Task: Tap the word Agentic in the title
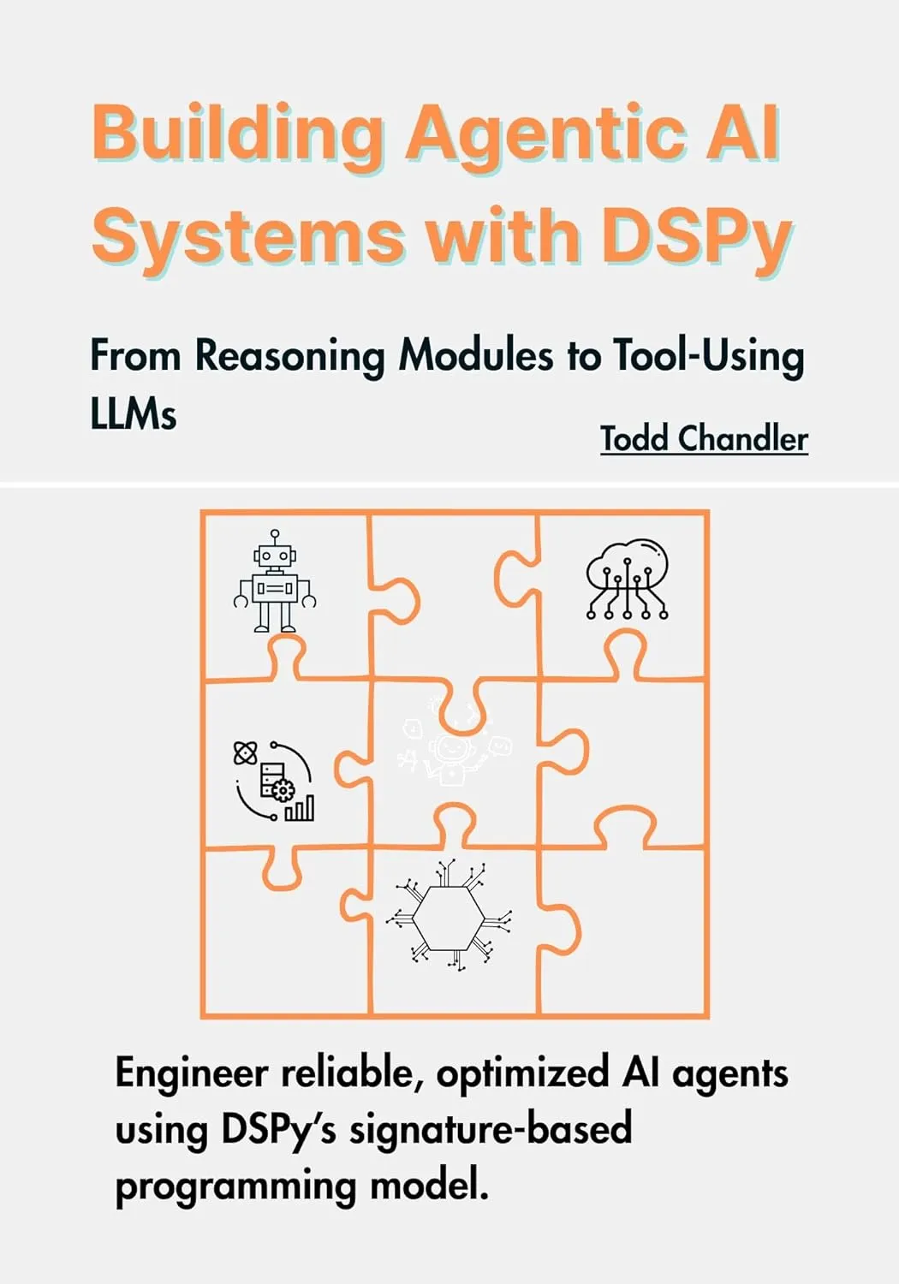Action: [x=548, y=134]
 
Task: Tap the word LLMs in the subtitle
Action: [x=134, y=414]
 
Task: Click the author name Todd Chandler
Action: [x=704, y=438]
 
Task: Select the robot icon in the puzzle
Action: [x=275, y=581]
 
